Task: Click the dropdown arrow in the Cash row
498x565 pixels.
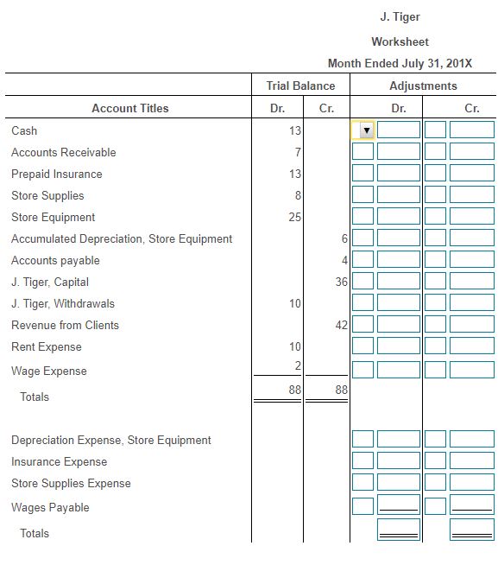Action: (x=366, y=130)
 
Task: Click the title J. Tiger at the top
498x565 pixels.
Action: (x=400, y=17)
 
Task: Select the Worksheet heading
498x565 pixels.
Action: (x=400, y=41)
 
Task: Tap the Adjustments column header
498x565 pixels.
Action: (x=423, y=86)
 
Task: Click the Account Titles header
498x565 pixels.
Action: (x=130, y=108)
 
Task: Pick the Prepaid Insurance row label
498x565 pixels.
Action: (x=56, y=174)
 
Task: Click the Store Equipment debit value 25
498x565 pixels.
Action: (x=294, y=217)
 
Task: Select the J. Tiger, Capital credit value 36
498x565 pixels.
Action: (x=341, y=282)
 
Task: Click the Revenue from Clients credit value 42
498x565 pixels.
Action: (x=341, y=325)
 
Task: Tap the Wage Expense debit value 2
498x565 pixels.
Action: (x=297, y=366)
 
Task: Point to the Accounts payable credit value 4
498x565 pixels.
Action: (x=344, y=260)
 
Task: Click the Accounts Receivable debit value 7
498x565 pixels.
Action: (x=297, y=152)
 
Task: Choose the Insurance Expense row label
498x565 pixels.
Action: (x=59, y=461)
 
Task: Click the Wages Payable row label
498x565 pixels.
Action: (x=50, y=507)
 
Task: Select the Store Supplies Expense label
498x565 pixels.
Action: (x=71, y=483)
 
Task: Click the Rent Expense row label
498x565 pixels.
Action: (x=47, y=346)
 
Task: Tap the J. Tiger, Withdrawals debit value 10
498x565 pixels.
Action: (x=294, y=303)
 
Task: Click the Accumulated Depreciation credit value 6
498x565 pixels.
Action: (x=344, y=238)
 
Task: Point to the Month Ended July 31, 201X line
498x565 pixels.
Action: (x=400, y=64)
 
